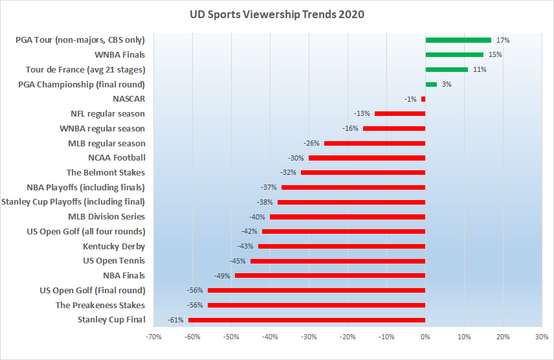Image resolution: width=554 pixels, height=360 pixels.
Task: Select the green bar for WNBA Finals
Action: [x=454, y=54]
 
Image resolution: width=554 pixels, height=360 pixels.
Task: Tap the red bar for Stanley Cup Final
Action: [x=307, y=320]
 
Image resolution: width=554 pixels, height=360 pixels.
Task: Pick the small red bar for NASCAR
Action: [x=423, y=99]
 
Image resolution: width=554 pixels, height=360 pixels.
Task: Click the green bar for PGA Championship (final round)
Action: [x=431, y=84]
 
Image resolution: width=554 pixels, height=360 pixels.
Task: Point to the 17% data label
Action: [x=503, y=40]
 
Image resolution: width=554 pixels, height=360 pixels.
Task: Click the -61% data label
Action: [x=175, y=320]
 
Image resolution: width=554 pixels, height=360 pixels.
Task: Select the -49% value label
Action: [x=222, y=276]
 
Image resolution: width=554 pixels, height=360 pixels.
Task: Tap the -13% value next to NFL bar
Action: [x=362, y=114]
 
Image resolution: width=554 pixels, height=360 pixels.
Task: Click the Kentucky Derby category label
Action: [x=114, y=246]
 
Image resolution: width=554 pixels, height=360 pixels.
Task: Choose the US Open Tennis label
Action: [x=114, y=261]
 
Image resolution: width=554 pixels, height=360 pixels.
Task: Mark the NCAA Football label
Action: [x=116, y=157]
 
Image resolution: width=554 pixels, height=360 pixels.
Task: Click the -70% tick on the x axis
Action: [x=153, y=337]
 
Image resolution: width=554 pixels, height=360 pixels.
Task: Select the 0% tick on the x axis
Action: [x=425, y=337]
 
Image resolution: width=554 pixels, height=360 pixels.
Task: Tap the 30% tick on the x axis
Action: [x=542, y=337]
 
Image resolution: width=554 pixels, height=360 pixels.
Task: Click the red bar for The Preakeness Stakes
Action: [x=316, y=305]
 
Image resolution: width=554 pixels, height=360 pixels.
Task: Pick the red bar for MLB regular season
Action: [x=375, y=143]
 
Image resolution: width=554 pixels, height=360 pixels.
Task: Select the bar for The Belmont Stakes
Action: [x=363, y=173]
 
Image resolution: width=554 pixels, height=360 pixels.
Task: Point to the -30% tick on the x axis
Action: [x=309, y=337]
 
